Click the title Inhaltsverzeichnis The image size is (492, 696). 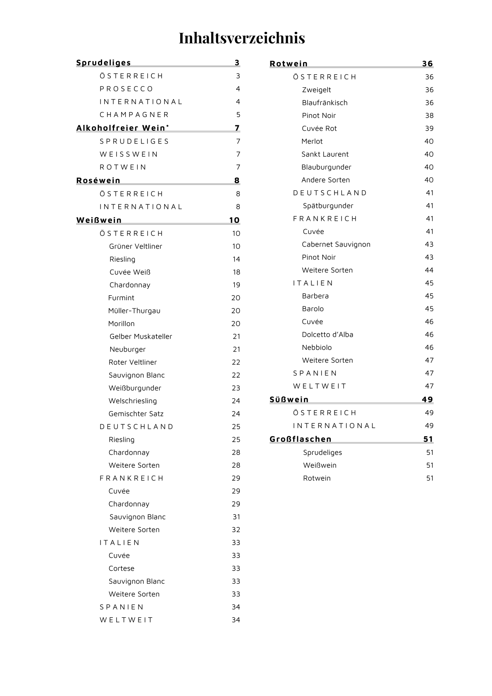[242, 38]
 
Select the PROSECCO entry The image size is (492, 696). [127, 89]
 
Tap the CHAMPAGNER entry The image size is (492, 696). [134, 115]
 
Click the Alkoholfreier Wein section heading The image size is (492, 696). [122, 128]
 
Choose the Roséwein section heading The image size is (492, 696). [98, 180]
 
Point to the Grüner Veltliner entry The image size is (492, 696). [136, 246]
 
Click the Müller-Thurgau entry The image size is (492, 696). [134, 311]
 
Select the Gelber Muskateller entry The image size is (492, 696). [141, 337]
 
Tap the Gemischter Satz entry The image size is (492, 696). [136, 414]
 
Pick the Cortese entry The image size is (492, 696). [122, 569]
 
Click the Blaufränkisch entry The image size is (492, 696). [325, 103]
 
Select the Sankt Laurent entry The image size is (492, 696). [325, 154]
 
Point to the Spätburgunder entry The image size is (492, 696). [328, 206]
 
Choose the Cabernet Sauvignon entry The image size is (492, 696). [336, 244]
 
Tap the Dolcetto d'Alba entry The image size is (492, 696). [327, 335]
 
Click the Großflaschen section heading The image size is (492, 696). [301, 439]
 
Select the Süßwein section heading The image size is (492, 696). [289, 399]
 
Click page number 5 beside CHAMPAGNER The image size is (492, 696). [238, 115]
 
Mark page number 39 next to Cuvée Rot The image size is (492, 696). [429, 129]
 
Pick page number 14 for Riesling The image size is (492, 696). [236, 259]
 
